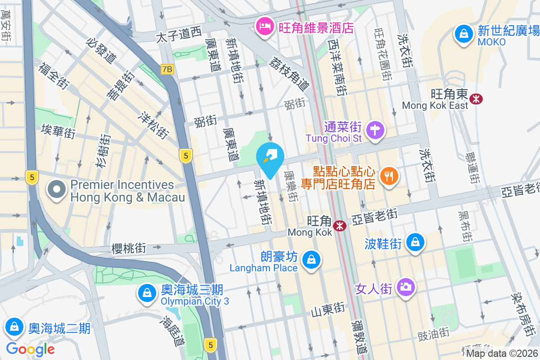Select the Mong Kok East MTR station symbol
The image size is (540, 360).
point(475,98)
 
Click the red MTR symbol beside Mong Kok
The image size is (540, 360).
point(340,225)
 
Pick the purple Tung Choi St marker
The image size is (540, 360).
point(375,130)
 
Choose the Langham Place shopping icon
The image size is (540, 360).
point(310,260)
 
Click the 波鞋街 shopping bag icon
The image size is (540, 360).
point(415,243)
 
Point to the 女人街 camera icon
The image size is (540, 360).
point(405,287)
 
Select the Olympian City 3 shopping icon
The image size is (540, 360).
point(147,293)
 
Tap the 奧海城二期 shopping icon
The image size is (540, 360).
point(15,327)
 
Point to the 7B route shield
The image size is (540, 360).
point(167,69)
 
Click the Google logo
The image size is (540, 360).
point(31,349)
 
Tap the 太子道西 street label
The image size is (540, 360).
point(179,35)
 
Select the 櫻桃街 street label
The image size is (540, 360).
point(128,247)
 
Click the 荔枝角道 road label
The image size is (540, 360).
point(289,73)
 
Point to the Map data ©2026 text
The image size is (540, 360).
point(502,353)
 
